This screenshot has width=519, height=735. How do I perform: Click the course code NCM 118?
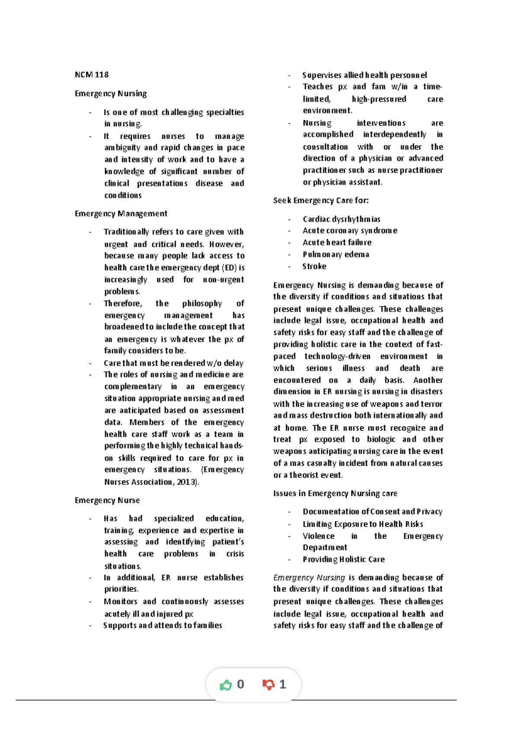click(92, 75)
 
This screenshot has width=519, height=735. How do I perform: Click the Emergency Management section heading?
click(121, 214)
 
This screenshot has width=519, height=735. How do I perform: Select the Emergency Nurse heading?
click(107, 500)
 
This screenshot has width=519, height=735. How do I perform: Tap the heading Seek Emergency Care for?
click(321, 200)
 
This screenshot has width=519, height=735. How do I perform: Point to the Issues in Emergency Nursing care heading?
click(335, 493)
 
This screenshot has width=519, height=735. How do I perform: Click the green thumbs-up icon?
click(226, 685)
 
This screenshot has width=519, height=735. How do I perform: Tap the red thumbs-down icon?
click(268, 685)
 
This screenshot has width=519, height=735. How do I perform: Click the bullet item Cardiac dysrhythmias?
click(341, 219)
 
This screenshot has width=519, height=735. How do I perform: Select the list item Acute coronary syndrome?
click(349, 231)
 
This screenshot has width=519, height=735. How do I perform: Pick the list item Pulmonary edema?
click(336, 255)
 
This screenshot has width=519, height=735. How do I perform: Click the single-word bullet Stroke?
click(314, 267)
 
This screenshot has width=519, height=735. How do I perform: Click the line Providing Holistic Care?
click(343, 560)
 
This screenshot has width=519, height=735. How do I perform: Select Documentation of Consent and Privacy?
click(372, 512)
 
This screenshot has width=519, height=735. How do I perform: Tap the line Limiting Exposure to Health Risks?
click(362, 524)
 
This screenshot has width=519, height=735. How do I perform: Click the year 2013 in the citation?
click(186, 482)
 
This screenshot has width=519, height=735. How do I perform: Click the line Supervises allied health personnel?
click(364, 75)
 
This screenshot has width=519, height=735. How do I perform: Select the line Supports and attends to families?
click(163, 625)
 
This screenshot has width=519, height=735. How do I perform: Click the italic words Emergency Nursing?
click(309, 578)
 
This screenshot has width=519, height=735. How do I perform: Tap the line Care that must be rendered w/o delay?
click(173, 363)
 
